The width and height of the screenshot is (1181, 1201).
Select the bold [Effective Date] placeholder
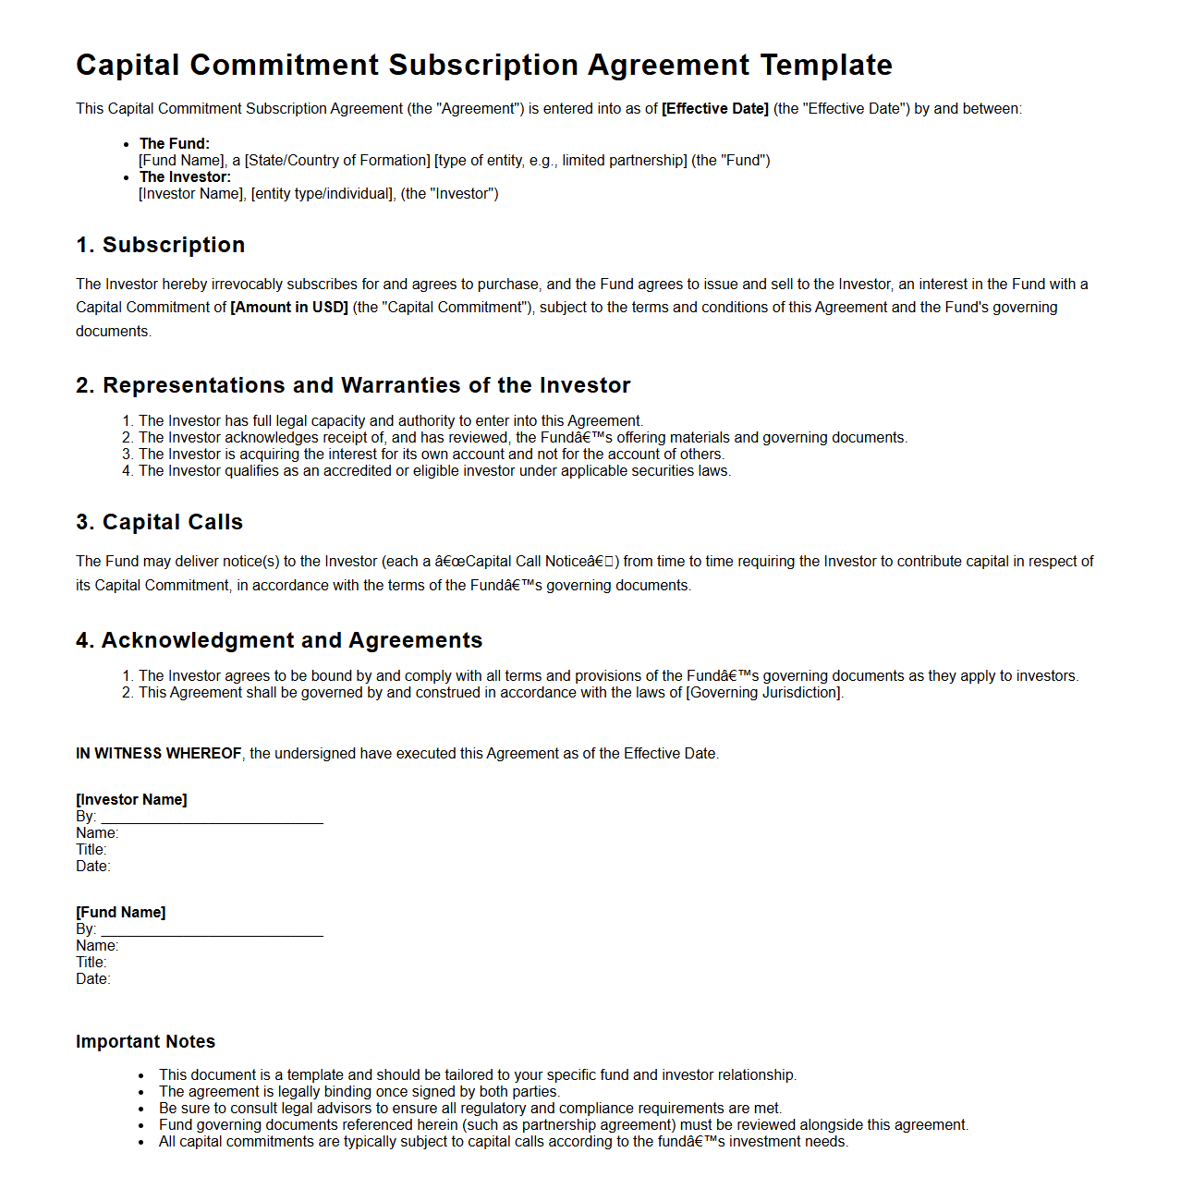714,109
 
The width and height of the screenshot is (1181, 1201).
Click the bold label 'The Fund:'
175,144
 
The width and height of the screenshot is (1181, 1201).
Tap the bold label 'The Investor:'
185,177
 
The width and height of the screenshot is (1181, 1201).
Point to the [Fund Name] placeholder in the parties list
181,161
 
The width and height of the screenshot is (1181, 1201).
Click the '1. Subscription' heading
161,245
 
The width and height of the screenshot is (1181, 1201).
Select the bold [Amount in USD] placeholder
289,308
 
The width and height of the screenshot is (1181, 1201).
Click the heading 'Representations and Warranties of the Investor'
366,385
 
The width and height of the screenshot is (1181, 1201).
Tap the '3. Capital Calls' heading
160,522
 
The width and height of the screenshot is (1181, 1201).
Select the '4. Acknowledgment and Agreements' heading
279,640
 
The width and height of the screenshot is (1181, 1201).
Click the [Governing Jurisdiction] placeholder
763,693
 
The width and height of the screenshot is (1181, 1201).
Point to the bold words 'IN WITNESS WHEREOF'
159,754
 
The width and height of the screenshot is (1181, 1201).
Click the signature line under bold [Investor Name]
212,819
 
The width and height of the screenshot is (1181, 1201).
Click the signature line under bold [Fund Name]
212,932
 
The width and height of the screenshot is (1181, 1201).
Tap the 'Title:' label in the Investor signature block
91,850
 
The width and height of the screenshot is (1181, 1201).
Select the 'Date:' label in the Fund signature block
93,979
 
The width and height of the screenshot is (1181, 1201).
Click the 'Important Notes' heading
145,1042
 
